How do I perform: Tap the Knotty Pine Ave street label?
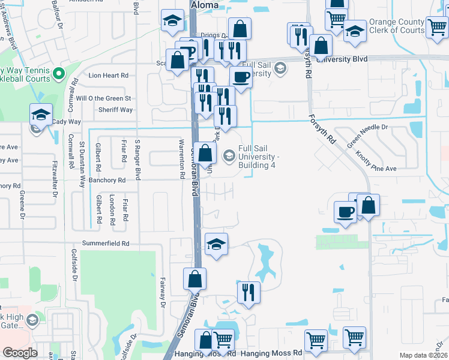click(376, 160)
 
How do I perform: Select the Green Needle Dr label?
click(367, 136)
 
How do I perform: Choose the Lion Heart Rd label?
click(109, 76)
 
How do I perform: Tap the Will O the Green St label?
click(103, 98)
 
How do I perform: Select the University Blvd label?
click(342, 60)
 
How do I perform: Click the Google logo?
click(20, 353)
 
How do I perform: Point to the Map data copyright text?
click(424, 355)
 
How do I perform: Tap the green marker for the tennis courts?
click(58, 74)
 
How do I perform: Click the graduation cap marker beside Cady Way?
click(41, 115)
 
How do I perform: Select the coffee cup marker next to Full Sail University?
click(241, 77)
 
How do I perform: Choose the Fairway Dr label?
click(163, 292)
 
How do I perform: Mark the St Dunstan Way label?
click(83, 159)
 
